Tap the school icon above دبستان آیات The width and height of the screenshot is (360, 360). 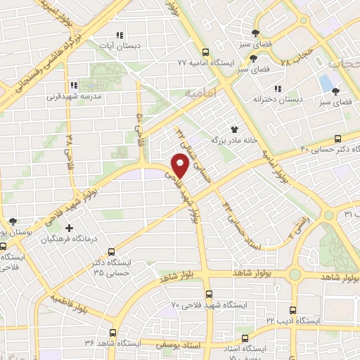click(x=119, y=35)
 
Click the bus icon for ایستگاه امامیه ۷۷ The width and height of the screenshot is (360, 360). click(x=205, y=52)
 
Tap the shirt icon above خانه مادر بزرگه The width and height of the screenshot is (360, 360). click(x=233, y=129)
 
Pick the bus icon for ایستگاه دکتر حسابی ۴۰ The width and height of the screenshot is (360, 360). click(x=338, y=139)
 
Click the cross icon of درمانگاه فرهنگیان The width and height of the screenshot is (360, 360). click(x=69, y=228)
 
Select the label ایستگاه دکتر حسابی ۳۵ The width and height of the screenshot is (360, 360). click(x=122, y=267)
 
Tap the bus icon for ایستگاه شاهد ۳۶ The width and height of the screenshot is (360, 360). click(x=112, y=333)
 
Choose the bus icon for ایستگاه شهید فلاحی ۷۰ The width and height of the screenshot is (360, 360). click(x=208, y=294)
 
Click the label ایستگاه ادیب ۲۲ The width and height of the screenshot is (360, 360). click(x=292, y=320)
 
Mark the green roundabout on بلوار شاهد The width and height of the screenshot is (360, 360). click(x=294, y=274)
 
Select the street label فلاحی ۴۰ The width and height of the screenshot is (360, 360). click(x=139, y=127)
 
